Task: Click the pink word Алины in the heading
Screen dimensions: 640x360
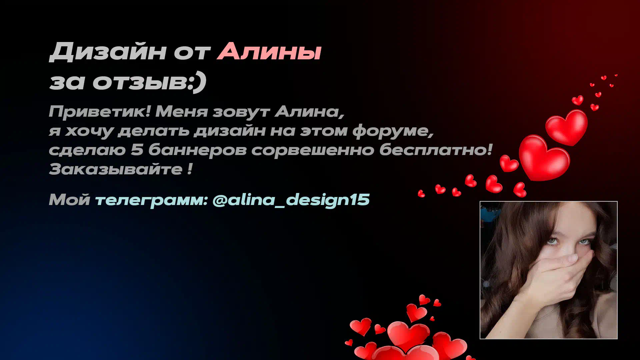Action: coord(269,52)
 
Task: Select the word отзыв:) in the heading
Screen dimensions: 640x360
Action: coord(149,82)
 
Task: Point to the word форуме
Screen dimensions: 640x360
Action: coord(393,131)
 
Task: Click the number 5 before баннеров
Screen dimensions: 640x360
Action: coord(137,150)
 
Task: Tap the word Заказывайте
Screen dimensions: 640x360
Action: coord(116,169)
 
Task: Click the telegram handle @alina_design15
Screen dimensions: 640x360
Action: coord(291,200)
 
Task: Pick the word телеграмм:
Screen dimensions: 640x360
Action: coord(152,200)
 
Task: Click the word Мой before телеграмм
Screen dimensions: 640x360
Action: coord(69,200)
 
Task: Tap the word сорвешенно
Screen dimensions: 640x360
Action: coord(313,150)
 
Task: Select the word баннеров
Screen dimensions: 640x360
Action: coord(197,150)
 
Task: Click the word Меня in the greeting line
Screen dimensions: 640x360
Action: coord(182,112)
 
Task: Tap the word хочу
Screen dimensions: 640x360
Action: coord(89,131)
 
